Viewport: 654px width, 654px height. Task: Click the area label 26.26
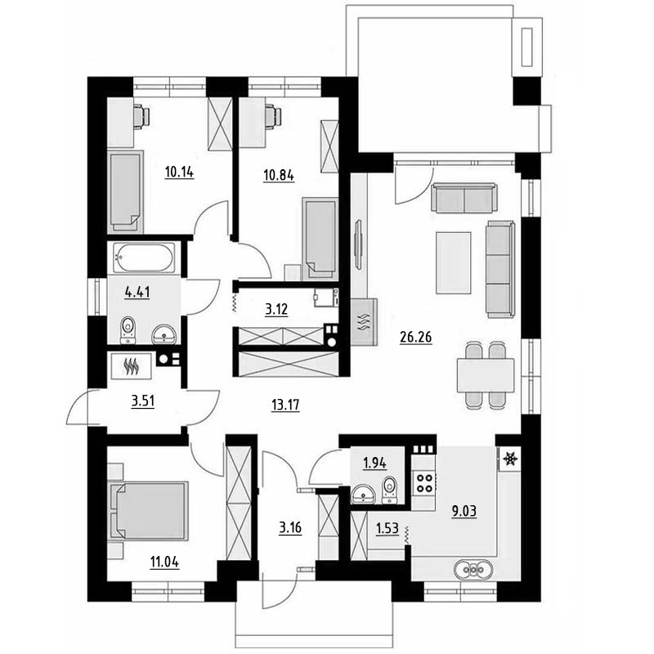pos(415,337)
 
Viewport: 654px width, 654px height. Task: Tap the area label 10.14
pos(179,172)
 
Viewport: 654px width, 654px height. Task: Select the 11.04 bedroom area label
pos(165,562)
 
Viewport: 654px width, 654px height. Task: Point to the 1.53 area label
pos(387,529)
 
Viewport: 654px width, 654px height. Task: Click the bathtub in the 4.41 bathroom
pos(144,258)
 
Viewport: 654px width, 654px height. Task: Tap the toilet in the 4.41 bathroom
pos(128,330)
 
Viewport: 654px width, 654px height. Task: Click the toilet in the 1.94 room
pos(391,490)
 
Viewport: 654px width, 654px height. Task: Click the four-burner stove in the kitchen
pos(424,483)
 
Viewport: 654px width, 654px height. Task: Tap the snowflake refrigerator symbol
pos(509,459)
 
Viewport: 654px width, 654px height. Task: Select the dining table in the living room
pos(486,375)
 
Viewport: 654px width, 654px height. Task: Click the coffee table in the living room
pos(454,262)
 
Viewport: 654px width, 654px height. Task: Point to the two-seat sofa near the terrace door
pos(464,198)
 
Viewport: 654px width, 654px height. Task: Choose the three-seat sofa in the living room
pos(500,270)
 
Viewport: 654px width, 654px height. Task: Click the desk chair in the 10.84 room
pos(273,115)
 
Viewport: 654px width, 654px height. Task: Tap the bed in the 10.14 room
pos(126,192)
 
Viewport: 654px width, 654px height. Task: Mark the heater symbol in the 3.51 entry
pos(132,366)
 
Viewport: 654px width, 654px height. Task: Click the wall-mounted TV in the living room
pos(357,245)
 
